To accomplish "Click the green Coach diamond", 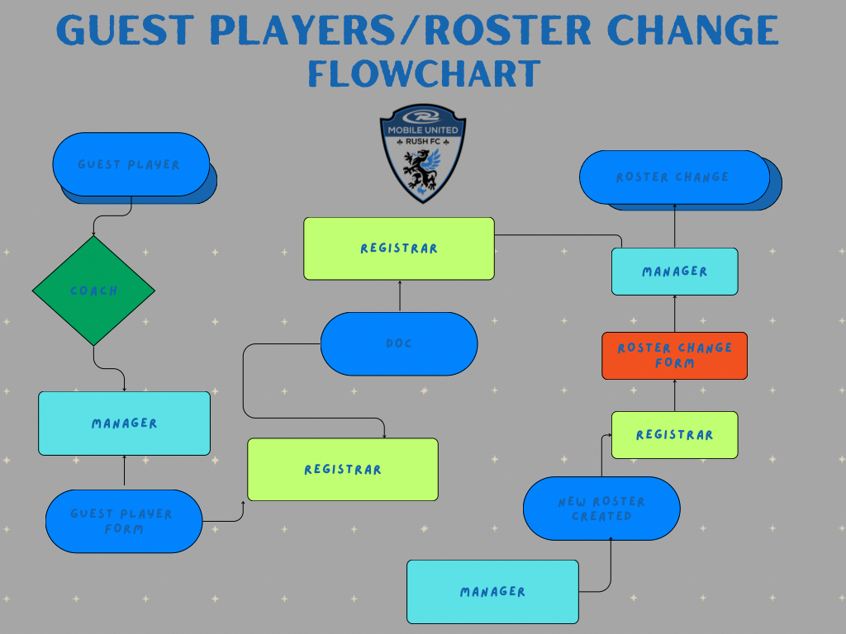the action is pyautogui.click(x=94, y=291).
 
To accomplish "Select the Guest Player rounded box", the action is pyautogui.click(x=131, y=164).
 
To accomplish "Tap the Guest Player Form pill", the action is pyautogui.click(x=124, y=522).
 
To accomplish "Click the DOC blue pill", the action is pyautogui.click(x=399, y=343).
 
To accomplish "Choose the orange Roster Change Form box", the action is pyautogui.click(x=674, y=356).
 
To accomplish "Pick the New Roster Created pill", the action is pyautogui.click(x=601, y=509).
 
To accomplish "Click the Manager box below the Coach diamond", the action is pyautogui.click(x=124, y=423).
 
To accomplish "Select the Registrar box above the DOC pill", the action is pyautogui.click(x=399, y=248).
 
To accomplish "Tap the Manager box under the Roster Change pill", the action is pyautogui.click(x=674, y=272).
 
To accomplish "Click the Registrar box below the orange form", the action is pyautogui.click(x=674, y=435).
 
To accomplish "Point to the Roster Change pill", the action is pyautogui.click(x=674, y=177).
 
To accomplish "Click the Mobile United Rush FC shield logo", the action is pyautogui.click(x=423, y=154).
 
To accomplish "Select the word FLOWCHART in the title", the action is pyautogui.click(x=424, y=73).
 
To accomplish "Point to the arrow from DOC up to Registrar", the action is pyautogui.click(x=400, y=296).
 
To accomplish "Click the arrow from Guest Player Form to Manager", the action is pyautogui.click(x=124, y=471).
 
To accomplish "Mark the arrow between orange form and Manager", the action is pyautogui.click(x=674, y=314).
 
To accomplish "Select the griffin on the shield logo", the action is pyautogui.click(x=422, y=168).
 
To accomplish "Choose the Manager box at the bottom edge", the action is pyautogui.click(x=492, y=592).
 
